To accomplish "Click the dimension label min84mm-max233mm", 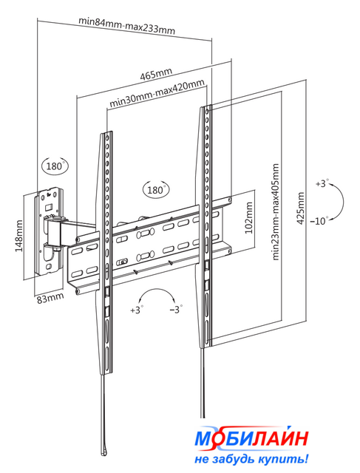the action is [x=126, y=25].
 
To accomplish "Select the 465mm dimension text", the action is [x=156, y=74].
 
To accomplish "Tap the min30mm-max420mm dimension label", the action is [x=157, y=93].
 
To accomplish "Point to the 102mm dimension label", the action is [x=248, y=218].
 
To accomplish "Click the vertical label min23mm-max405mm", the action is [x=275, y=212].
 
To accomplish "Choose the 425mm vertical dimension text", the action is [x=301, y=208].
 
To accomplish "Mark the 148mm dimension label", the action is [x=18, y=236].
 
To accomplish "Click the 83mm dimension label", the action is [x=50, y=299].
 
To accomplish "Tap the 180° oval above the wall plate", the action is [x=55, y=166].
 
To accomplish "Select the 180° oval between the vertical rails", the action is [x=156, y=190].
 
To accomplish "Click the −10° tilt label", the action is [x=319, y=221].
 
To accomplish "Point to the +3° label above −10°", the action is [x=322, y=183].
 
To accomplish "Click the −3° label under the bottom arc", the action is [x=176, y=310].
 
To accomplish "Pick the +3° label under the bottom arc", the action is [x=137, y=310].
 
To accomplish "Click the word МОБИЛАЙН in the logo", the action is [x=251, y=438].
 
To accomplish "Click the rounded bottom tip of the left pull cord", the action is [x=103, y=452].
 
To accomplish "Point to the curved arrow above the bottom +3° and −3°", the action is [x=156, y=290].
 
